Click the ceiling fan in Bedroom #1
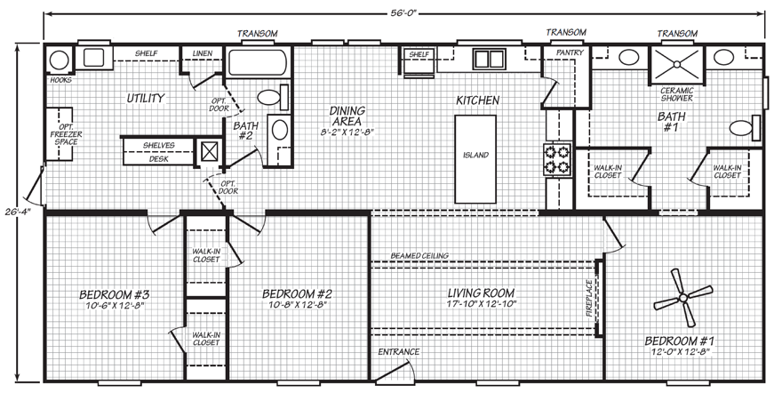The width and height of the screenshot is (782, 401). coord(683,297)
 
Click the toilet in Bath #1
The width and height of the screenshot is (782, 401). coord(745,128)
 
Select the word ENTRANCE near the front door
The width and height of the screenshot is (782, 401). coord(397,352)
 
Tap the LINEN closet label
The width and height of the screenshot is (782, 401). coord(202,53)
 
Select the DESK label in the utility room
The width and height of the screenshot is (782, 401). coord(158,159)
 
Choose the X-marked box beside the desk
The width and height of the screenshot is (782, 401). coord(210,150)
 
